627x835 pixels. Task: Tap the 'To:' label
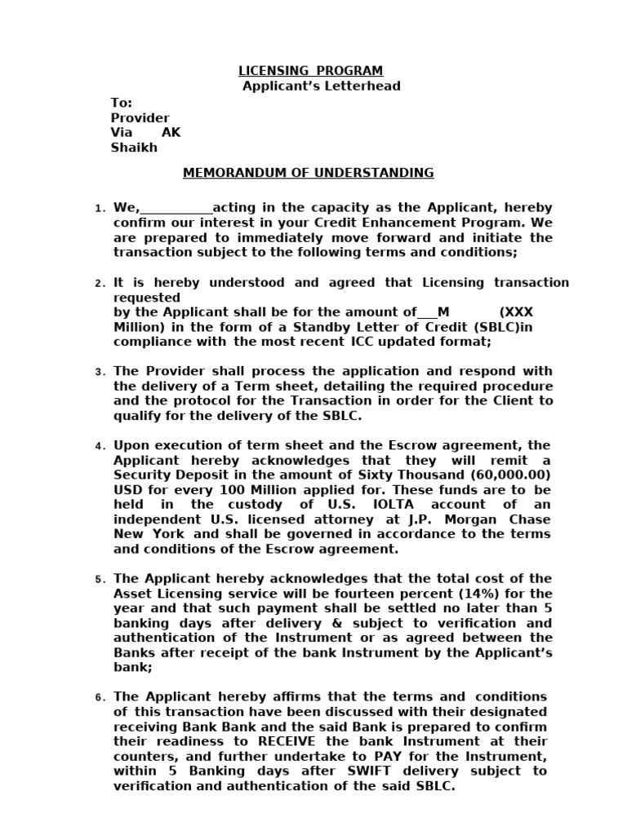[121, 103]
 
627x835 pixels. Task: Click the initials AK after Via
[171, 133]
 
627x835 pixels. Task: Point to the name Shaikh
[134, 148]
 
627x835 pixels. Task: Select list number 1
[100, 210]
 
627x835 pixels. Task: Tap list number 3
[100, 373]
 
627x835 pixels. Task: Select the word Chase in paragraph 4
[531, 519]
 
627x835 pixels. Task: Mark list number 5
[100, 580]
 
